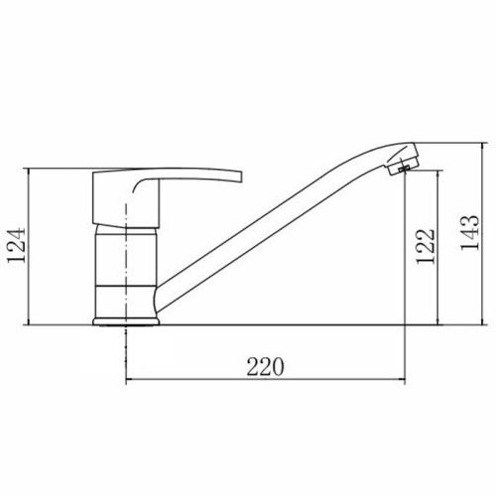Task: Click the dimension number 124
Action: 16,245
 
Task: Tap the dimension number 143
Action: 470,233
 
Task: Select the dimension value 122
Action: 425,246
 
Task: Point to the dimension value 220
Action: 265,367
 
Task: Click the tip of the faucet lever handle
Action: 241,177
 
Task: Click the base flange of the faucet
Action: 126,321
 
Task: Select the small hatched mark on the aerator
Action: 404,169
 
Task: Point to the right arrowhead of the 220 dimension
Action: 402,380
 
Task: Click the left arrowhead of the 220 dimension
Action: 130,380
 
